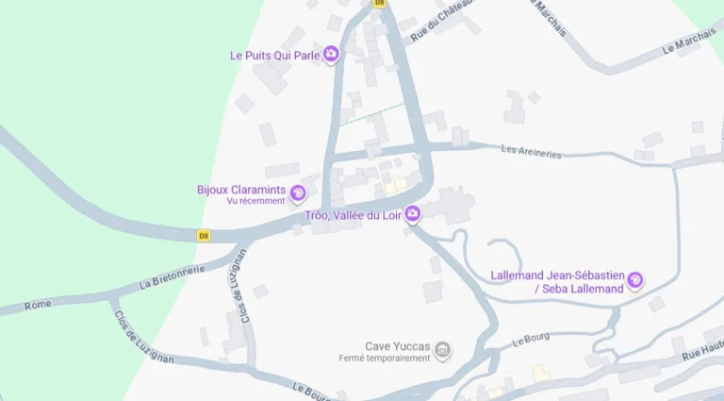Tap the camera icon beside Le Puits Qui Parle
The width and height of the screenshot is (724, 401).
tap(331, 55)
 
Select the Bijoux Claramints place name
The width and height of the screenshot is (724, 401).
tap(240, 189)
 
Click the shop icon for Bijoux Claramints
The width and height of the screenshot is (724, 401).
tap(298, 193)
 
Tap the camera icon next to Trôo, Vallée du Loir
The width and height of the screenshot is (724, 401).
tap(412, 216)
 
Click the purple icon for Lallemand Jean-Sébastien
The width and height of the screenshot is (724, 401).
tap(635, 279)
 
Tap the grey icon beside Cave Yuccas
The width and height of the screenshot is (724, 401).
tap(442, 351)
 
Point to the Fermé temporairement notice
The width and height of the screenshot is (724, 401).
tap(385, 359)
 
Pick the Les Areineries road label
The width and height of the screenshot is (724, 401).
tap(532, 150)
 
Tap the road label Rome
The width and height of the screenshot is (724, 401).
tap(38, 305)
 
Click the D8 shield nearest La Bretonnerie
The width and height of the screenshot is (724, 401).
tap(204, 236)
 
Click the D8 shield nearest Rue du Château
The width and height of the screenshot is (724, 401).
tap(379, 3)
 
